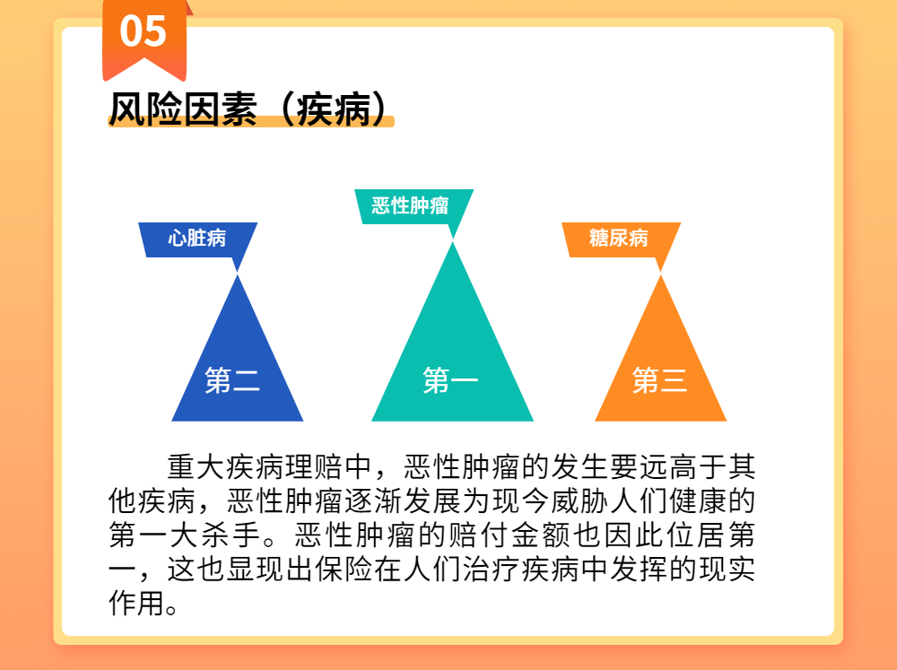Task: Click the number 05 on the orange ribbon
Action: pos(143,30)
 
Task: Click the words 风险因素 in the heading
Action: pos(183,109)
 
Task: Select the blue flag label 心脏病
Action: pos(197,238)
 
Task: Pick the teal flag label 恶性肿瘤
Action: pos(410,205)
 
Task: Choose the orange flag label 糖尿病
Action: pos(618,238)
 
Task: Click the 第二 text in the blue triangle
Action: pos(232,380)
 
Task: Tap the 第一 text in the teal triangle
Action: pos(450,380)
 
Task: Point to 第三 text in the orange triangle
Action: pos(659,380)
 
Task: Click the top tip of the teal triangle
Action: pos(452,242)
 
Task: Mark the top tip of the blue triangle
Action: pos(238,275)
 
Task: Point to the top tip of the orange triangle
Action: pos(661,275)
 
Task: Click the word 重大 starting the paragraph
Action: pos(196,467)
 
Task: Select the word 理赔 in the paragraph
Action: pos(314,467)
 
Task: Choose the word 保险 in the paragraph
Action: pos(344,570)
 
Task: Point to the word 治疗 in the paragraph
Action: pos(492,570)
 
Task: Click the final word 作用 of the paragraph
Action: pos(137,603)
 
